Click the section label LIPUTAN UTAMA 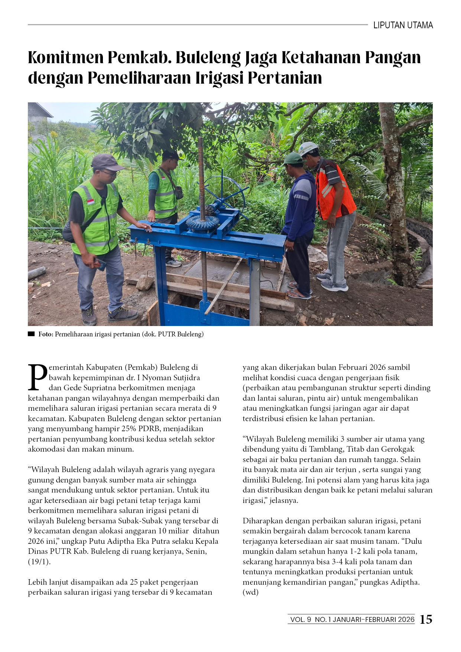click(x=403, y=25)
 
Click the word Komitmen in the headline click(x=65, y=58)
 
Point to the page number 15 click(x=426, y=619)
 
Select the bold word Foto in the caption click(x=45, y=334)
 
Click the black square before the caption click(x=31, y=334)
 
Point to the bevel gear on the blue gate click(x=203, y=223)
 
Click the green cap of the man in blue click(x=292, y=158)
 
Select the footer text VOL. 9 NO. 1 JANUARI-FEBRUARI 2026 click(x=352, y=619)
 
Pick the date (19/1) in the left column click(x=39, y=562)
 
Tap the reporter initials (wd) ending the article click(x=250, y=592)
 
